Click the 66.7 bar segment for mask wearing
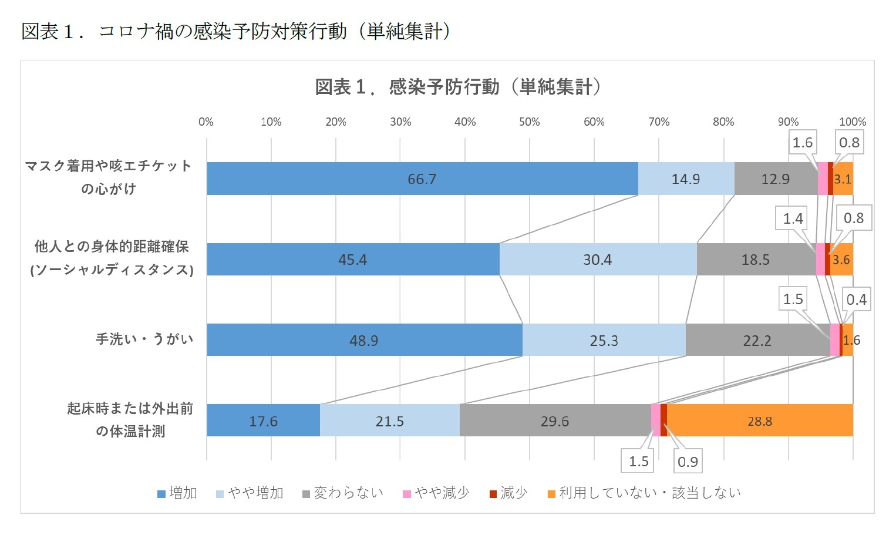pyautogui.click(x=422, y=179)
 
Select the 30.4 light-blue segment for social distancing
pyautogui.click(x=597, y=260)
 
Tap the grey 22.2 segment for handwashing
pyautogui.click(x=757, y=340)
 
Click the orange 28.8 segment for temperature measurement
pyautogui.click(x=759, y=421)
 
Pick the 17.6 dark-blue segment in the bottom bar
pyautogui.click(x=263, y=421)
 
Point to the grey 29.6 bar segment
pyautogui.click(x=554, y=421)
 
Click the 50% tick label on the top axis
pyautogui.click(x=529, y=122)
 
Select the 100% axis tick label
pyautogui.click(x=852, y=122)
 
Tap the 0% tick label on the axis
pyautogui.click(x=206, y=122)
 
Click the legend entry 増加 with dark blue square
pyautogui.click(x=177, y=493)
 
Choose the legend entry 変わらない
pyautogui.click(x=343, y=493)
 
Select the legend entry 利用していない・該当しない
pyautogui.click(x=644, y=493)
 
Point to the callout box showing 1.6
pyautogui.click(x=802, y=143)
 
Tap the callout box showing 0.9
pyautogui.click(x=688, y=462)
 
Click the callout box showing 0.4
pyautogui.click(x=856, y=300)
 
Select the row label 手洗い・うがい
pyautogui.click(x=144, y=339)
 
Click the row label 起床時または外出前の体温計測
pyautogui.click(x=130, y=420)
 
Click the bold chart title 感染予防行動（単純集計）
pyautogui.click(x=459, y=88)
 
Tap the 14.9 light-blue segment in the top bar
pyautogui.click(x=685, y=179)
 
